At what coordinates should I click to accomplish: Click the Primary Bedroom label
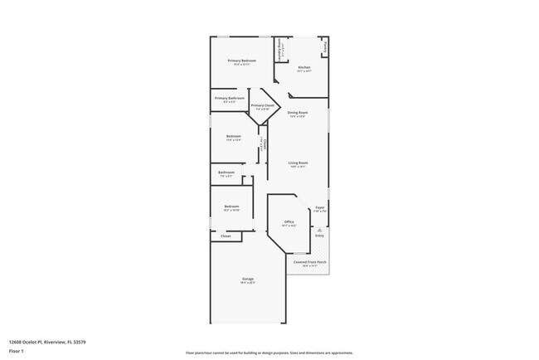click(x=242, y=61)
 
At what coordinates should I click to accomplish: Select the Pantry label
click(x=324, y=47)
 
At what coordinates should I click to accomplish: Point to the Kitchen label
click(x=304, y=67)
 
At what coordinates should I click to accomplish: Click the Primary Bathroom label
click(x=230, y=99)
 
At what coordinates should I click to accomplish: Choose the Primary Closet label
click(x=263, y=105)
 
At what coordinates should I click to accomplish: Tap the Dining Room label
click(x=298, y=112)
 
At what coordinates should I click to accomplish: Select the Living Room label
click(x=298, y=163)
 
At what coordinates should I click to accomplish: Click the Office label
click(x=289, y=222)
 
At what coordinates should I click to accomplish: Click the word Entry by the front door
click(x=319, y=236)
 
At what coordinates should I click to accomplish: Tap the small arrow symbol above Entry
click(x=319, y=229)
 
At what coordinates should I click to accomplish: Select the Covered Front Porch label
click(x=310, y=261)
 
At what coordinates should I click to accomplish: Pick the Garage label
click(x=247, y=279)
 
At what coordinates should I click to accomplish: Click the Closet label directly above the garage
click(x=226, y=236)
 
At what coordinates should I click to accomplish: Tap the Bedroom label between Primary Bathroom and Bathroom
click(x=234, y=136)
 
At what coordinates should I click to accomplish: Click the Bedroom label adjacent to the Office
click(x=231, y=207)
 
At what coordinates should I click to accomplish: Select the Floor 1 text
click(x=16, y=351)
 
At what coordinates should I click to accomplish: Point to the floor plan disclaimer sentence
click(x=269, y=351)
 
